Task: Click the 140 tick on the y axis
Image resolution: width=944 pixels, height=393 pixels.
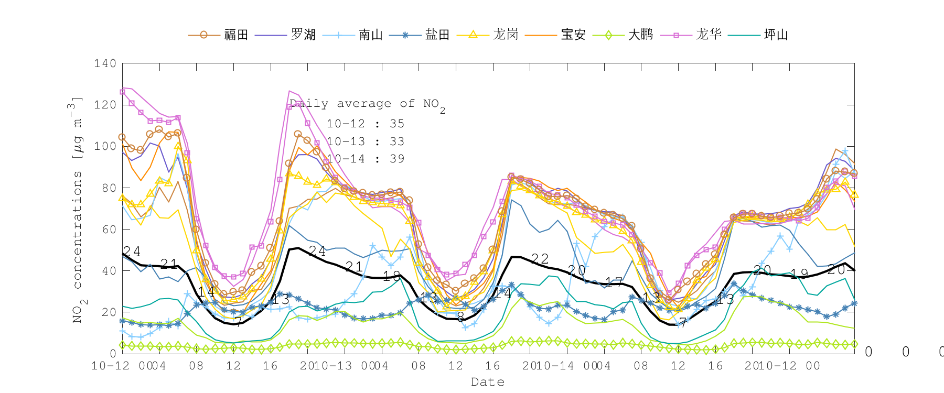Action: coord(105,63)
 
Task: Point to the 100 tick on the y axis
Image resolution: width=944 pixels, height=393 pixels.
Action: coord(105,146)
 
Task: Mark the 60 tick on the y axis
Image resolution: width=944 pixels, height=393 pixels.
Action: coord(108,229)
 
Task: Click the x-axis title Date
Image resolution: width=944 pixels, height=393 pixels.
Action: coord(488,381)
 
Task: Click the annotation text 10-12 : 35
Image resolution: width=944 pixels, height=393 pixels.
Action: coord(366,124)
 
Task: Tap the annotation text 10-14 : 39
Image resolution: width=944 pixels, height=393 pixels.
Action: coord(366,159)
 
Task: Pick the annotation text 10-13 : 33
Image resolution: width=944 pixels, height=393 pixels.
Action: coord(366,141)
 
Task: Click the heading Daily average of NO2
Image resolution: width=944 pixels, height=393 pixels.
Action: coord(367,104)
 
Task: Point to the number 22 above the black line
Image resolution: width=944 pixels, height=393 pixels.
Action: coord(540,259)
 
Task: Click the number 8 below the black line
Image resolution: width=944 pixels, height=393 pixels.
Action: coord(460,317)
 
